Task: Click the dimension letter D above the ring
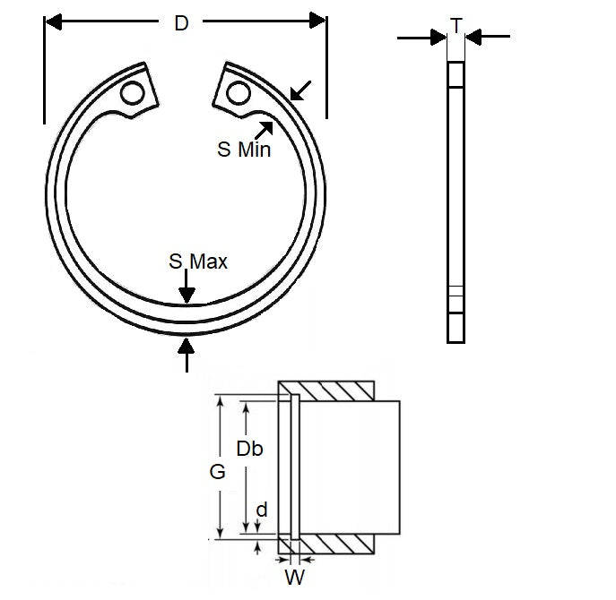[x=182, y=24]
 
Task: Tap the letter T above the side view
[x=456, y=26]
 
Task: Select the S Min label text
[x=244, y=150]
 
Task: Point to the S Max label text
[x=198, y=261]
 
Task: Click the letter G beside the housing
[x=217, y=473]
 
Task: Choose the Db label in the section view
[x=249, y=449]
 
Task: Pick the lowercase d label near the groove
[x=261, y=510]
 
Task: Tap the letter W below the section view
[x=293, y=578]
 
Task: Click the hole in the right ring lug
[x=238, y=92]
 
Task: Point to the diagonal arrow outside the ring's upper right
[x=301, y=90]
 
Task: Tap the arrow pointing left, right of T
[x=489, y=37]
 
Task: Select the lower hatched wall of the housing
[x=334, y=543]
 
